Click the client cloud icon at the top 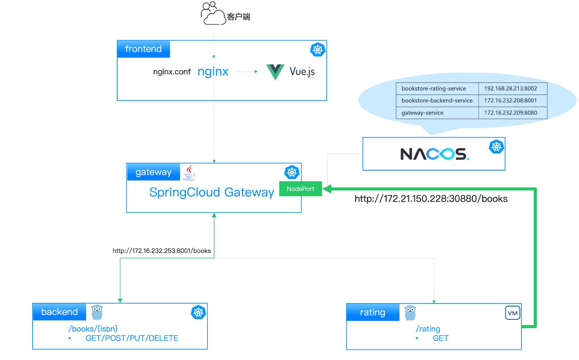pyautogui.click(x=214, y=14)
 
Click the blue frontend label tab pyautogui.click(x=143, y=49)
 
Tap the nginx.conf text pyautogui.click(x=172, y=72)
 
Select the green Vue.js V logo pyautogui.click(x=275, y=71)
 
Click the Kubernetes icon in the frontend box pyautogui.click(x=318, y=50)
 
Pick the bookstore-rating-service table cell pyautogui.click(x=434, y=88)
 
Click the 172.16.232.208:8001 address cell pyautogui.click(x=510, y=101)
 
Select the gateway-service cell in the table pyautogui.click(x=422, y=113)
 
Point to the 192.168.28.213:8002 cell pyautogui.click(x=510, y=88)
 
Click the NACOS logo pyautogui.click(x=434, y=154)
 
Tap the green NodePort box pyautogui.click(x=300, y=189)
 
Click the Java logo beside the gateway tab pyautogui.click(x=189, y=172)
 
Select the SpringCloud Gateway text pyautogui.click(x=212, y=192)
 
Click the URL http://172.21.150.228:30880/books pyautogui.click(x=431, y=199)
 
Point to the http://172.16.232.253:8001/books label pyautogui.click(x=161, y=251)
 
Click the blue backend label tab pyautogui.click(x=59, y=312)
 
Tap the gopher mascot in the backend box pyautogui.click(x=97, y=312)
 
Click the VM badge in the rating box pyautogui.click(x=512, y=313)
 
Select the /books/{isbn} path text pyautogui.click(x=93, y=329)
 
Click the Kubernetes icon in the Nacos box pyautogui.click(x=496, y=147)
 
